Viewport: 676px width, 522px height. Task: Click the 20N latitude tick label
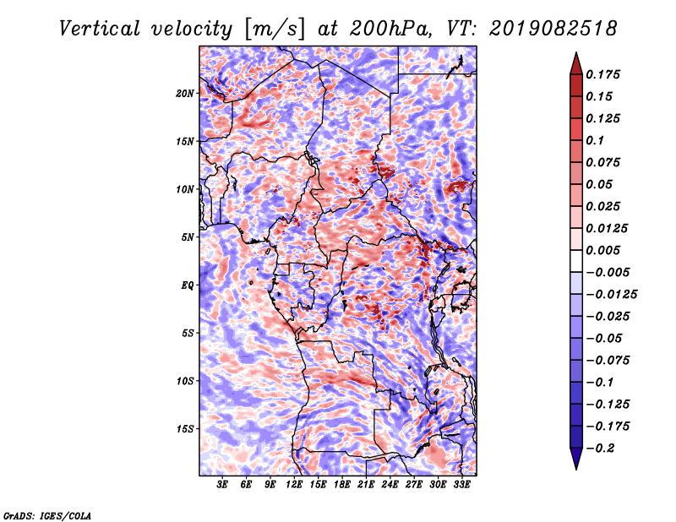pyautogui.click(x=185, y=93)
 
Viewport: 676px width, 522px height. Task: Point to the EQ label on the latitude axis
pyautogui.click(x=188, y=285)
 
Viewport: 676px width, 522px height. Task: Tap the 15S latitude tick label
pyautogui.click(x=185, y=428)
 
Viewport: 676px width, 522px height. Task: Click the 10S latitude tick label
pyautogui.click(x=185, y=381)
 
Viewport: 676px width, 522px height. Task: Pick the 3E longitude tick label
pyautogui.click(x=223, y=486)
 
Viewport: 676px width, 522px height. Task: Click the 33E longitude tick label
pyautogui.click(x=462, y=486)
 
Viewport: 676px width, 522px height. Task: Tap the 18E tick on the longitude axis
pyautogui.click(x=342, y=486)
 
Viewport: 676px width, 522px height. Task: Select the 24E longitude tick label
pyautogui.click(x=390, y=486)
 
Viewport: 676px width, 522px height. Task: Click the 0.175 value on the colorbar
pyautogui.click(x=606, y=74)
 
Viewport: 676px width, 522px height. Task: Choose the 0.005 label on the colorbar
pyautogui.click(x=606, y=250)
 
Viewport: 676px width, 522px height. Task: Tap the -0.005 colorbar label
pyautogui.click(x=609, y=272)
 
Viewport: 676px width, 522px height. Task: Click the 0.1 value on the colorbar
pyautogui.click(x=599, y=140)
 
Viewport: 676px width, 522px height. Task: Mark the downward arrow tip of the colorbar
pyautogui.click(x=575, y=467)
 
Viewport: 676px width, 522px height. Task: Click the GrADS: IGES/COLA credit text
pyautogui.click(x=47, y=514)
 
